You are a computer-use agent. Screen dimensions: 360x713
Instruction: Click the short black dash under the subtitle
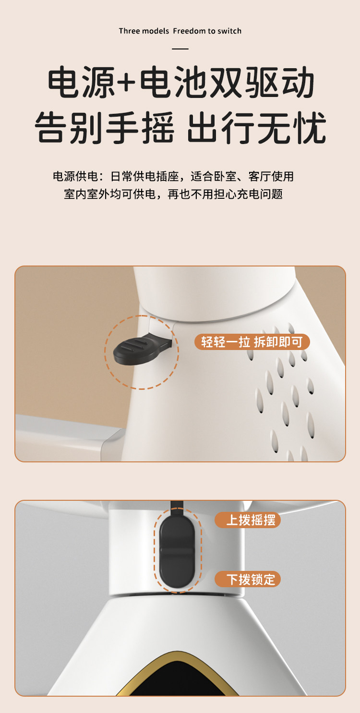click(x=180, y=48)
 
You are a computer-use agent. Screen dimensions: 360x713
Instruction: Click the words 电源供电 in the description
click(x=76, y=176)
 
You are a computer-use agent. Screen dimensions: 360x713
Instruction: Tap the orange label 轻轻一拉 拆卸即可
click(x=252, y=342)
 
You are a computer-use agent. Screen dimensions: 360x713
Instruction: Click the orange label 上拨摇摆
click(x=248, y=520)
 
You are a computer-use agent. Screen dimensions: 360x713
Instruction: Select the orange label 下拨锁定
click(x=248, y=579)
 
